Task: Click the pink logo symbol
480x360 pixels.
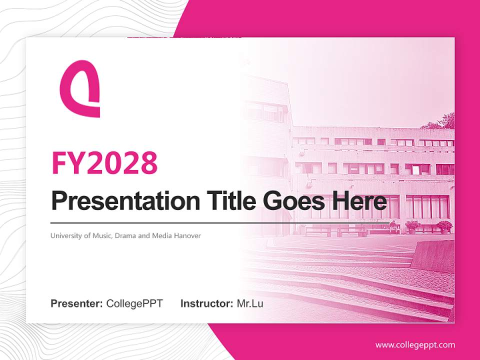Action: tap(79, 89)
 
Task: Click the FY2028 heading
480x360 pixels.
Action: tap(104, 162)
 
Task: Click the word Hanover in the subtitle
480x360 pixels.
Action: tap(188, 235)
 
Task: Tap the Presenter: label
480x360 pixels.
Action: tap(77, 303)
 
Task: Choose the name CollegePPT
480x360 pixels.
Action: tap(134, 303)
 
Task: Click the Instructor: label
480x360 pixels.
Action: tap(206, 303)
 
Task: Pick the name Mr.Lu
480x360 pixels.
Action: tap(250, 303)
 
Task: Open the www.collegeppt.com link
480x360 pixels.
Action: tap(415, 345)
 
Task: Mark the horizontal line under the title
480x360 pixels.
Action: tap(220, 222)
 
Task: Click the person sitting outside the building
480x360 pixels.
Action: tap(392, 226)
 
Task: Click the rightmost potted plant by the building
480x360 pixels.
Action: tap(444, 226)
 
